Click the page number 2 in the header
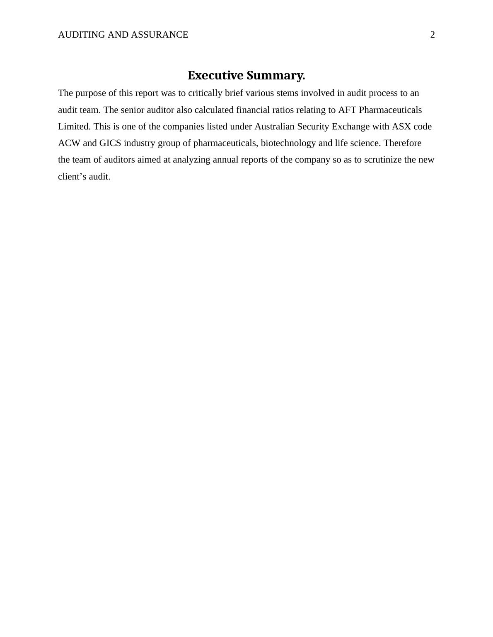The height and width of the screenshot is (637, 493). [x=433, y=35]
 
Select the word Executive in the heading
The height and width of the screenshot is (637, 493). [x=215, y=75]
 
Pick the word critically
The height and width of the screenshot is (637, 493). [x=205, y=93]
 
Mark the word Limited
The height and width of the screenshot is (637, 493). [x=74, y=127]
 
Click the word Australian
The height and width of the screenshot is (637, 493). [x=274, y=127]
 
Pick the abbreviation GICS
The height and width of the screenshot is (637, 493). [x=110, y=143]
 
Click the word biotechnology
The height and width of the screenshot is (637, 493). [x=288, y=143]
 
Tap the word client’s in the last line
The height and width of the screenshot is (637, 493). [x=72, y=177]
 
